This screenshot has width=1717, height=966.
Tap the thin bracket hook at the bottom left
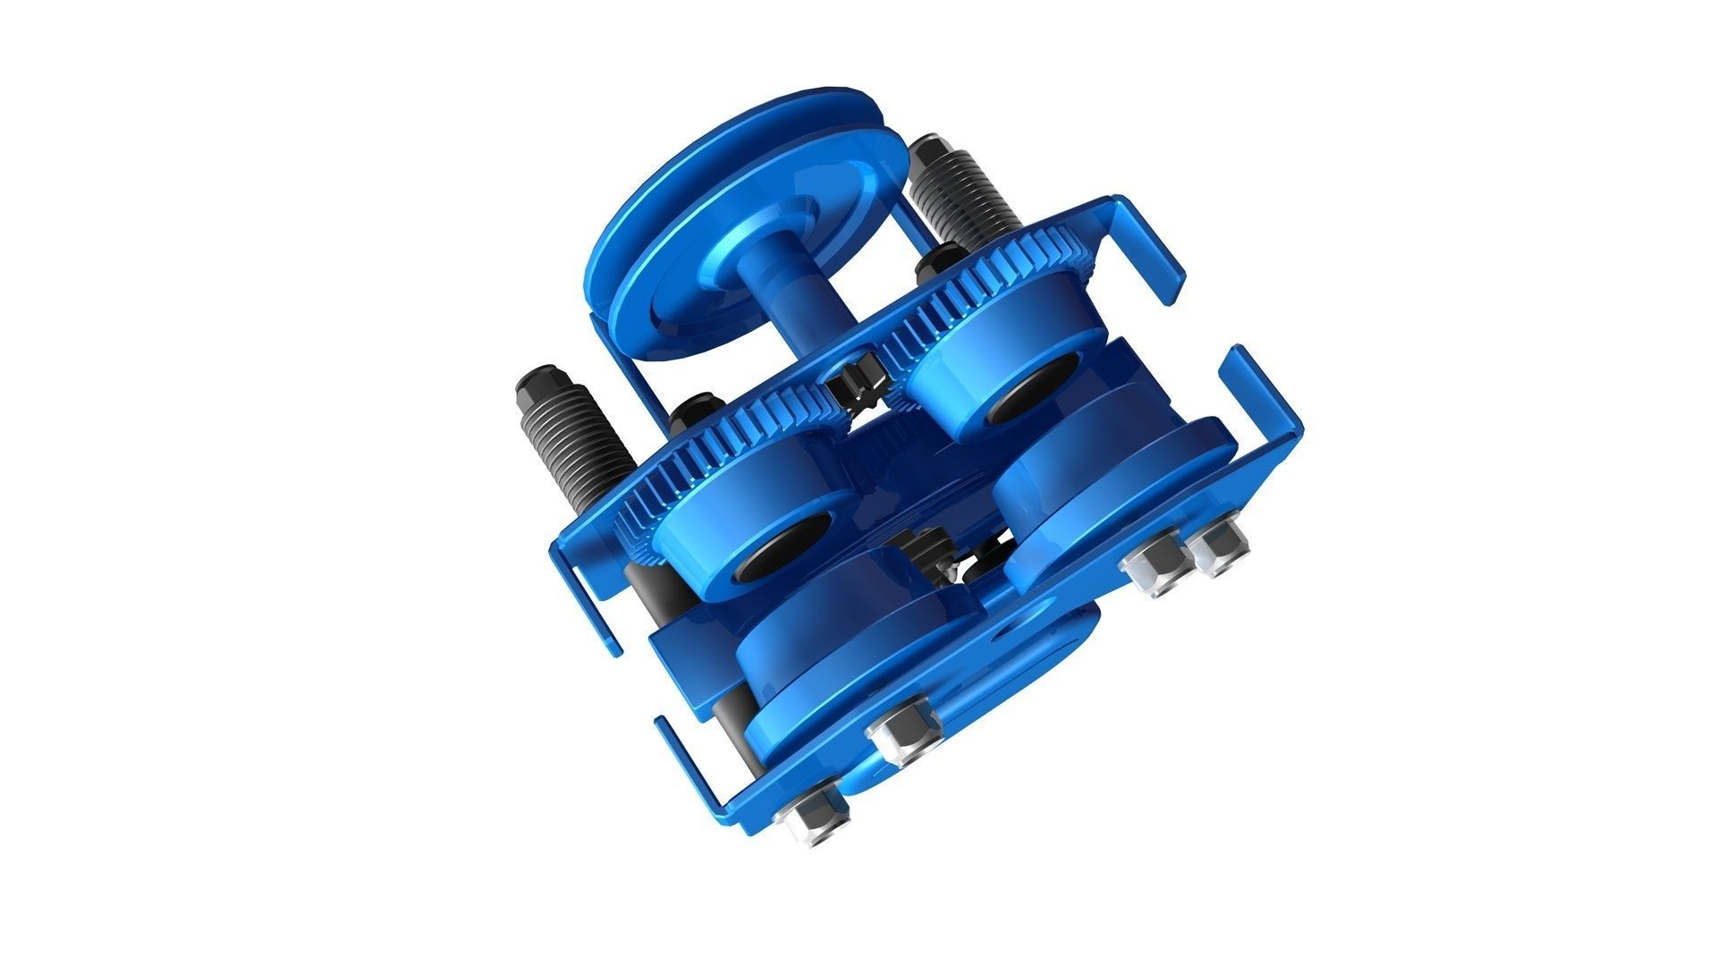(x=689, y=760)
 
